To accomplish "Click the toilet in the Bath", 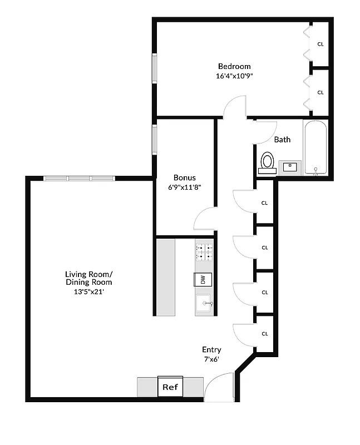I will (268, 162).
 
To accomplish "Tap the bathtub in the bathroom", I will (316, 147).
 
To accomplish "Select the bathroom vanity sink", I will (290, 166).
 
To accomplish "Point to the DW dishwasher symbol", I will (203, 280).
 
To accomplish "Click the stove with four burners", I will (204, 251).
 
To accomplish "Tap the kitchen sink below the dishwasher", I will (204, 303).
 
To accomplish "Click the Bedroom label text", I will (234, 66).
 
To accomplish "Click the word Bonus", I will (184, 177).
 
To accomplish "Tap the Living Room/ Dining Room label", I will (88, 278).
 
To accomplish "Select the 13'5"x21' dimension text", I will (89, 291).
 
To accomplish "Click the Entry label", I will (211, 350).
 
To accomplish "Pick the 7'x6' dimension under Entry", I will (211, 359).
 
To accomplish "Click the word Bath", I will (282, 140).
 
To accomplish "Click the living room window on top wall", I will (78, 178).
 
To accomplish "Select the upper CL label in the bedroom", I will (320, 44).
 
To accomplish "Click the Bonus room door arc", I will (204, 218).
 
